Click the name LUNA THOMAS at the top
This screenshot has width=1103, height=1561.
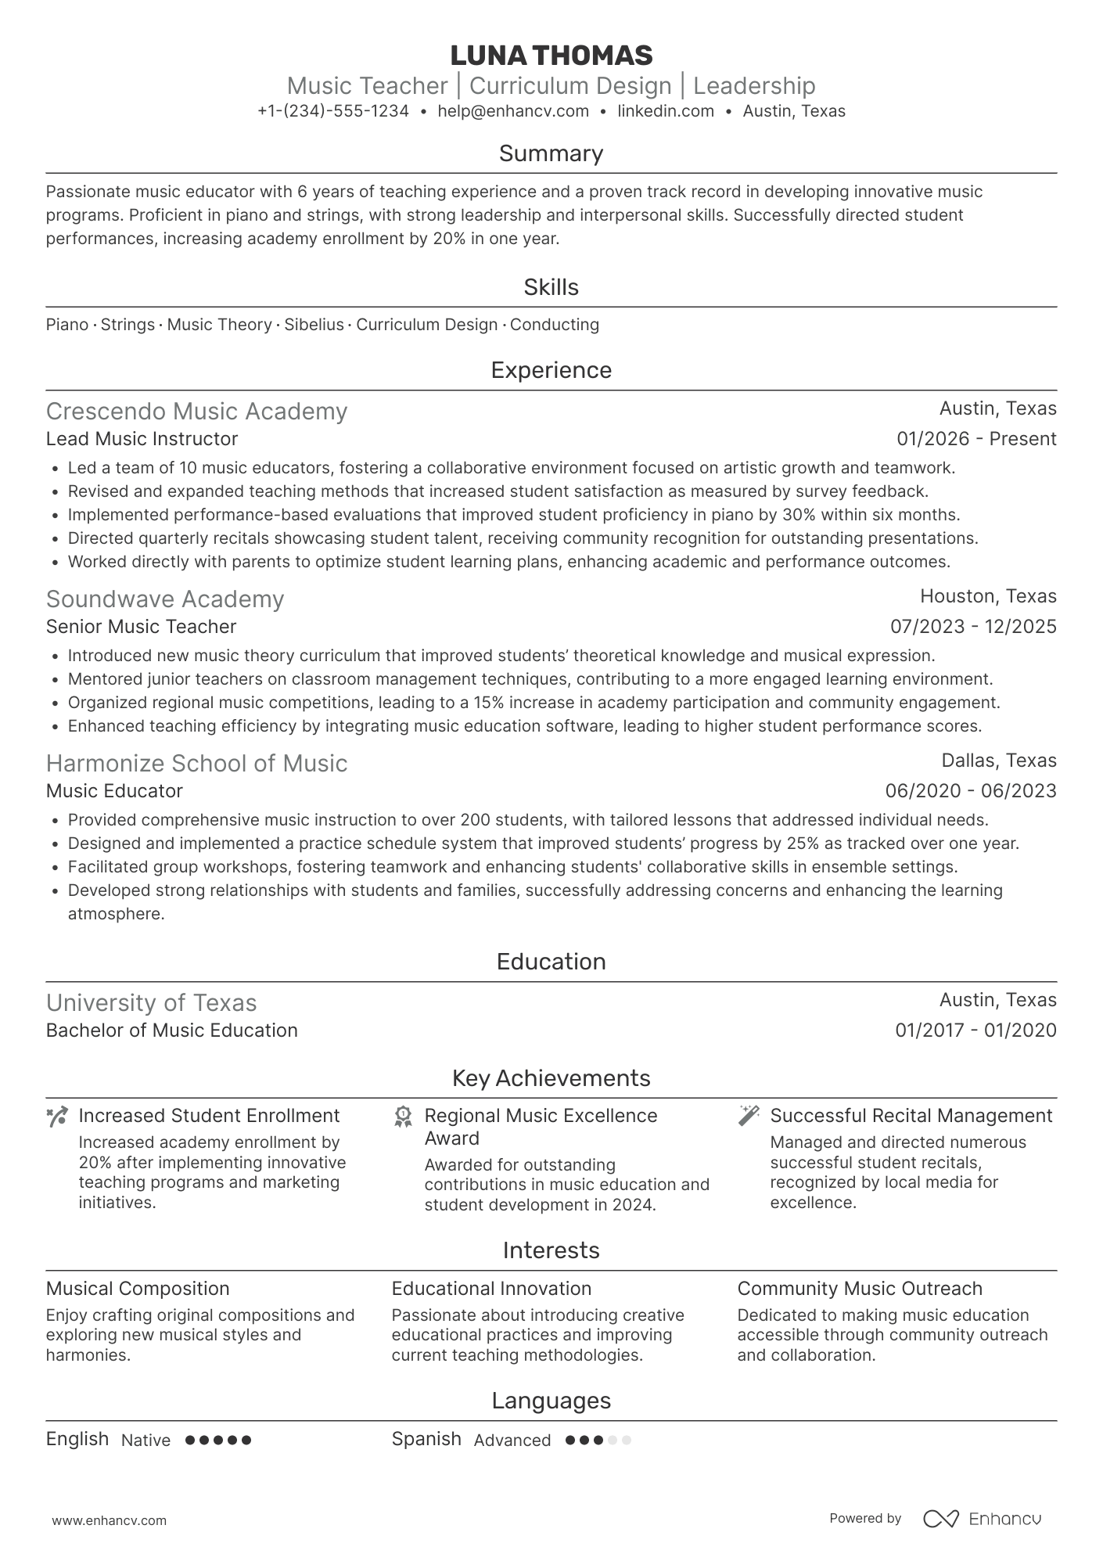[551, 56]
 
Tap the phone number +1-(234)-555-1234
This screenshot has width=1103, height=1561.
[333, 111]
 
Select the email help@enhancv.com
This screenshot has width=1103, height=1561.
[513, 111]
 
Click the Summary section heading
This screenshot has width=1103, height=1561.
[551, 153]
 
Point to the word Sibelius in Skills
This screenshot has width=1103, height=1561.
[314, 325]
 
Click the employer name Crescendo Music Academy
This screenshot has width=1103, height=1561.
[196, 412]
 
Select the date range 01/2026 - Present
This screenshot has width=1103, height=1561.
[976, 439]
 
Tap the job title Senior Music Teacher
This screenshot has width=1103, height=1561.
[141, 627]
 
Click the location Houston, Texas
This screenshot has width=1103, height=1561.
[988, 596]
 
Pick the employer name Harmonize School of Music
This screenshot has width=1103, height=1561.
[196, 764]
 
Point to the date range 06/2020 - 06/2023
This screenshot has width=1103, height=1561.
[970, 791]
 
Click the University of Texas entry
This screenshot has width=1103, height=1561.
[151, 1003]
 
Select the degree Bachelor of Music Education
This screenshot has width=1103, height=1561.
[171, 1030]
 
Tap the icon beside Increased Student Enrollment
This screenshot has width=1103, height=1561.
[57, 1117]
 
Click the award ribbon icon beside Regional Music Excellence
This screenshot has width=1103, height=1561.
[403, 1117]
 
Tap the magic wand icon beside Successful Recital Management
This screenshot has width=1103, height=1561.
[749, 1116]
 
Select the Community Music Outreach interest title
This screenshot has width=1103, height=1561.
[859, 1289]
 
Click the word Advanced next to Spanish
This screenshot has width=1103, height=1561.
[512, 1441]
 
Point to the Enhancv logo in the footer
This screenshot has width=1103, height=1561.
[983, 1519]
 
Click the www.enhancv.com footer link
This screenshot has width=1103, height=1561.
[110, 1520]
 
